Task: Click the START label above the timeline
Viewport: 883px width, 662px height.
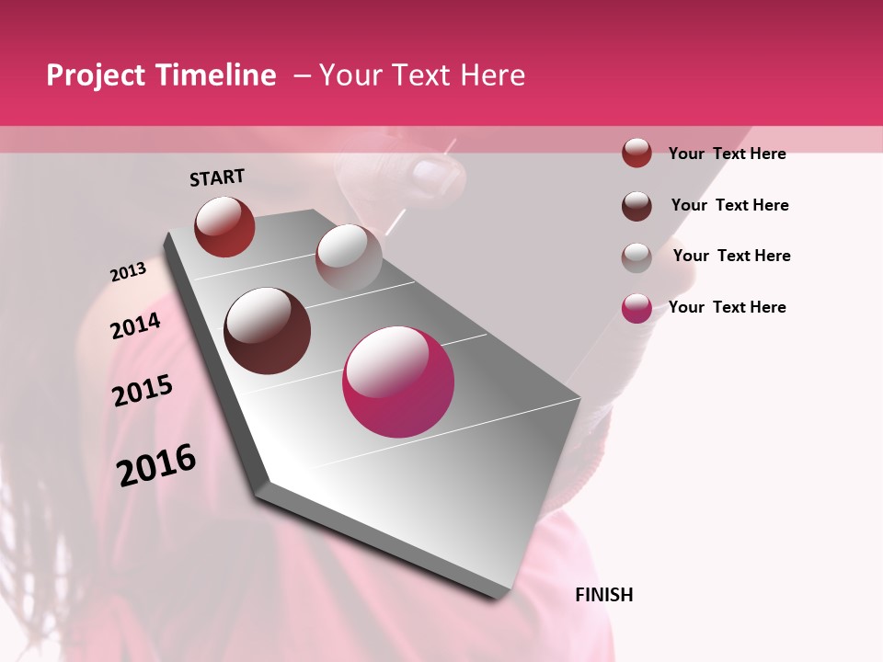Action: tap(217, 177)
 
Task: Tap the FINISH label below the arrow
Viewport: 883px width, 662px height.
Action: tap(604, 595)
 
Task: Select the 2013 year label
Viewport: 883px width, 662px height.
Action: tap(129, 272)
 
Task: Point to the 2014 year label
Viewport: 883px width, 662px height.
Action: tap(136, 326)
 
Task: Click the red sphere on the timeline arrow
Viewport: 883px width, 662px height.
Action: tap(224, 226)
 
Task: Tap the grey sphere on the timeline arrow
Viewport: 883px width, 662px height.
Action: tap(349, 257)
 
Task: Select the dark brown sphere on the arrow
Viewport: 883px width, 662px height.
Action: tap(268, 331)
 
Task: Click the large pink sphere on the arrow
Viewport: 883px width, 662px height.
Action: tap(398, 382)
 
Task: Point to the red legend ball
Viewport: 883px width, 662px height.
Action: tap(636, 153)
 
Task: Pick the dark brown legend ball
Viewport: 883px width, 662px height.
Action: tap(636, 205)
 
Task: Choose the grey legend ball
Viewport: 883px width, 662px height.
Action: tap(636, 257)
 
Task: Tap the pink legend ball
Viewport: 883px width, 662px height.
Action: tap(636, 308)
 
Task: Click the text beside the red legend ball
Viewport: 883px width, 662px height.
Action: tap(727, 154)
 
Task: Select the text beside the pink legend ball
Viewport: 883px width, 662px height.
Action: tap(727, 307)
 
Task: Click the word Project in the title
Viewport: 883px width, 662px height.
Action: tap(96, 75)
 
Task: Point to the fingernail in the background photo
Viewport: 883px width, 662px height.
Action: tap(430, 174)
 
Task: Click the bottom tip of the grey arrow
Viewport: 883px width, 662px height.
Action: tap(498, 595)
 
